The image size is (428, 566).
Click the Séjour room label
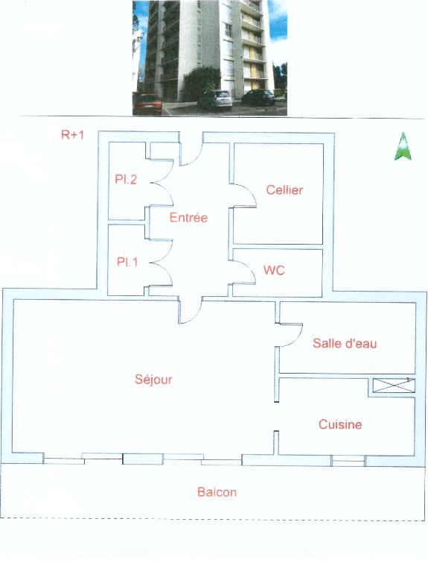(153, 380)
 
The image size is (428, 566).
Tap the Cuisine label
(340, 424)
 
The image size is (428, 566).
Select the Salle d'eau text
(345, 343)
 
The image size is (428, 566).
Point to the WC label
(274, 270)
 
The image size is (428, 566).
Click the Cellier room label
(284, 190)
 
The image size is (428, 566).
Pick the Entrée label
(188, 217)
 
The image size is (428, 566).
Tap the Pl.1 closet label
(127, 261)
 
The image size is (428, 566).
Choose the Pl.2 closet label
(126, 179)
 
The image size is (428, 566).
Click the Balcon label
(217, 492)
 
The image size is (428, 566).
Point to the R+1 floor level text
(72, 135)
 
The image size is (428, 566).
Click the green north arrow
(403, 146)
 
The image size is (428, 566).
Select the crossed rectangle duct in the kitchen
(393, 386)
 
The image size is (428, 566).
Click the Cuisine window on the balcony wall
(348, 461)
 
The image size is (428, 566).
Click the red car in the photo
(147, 104)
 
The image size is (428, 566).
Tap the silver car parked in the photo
(214, 100)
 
